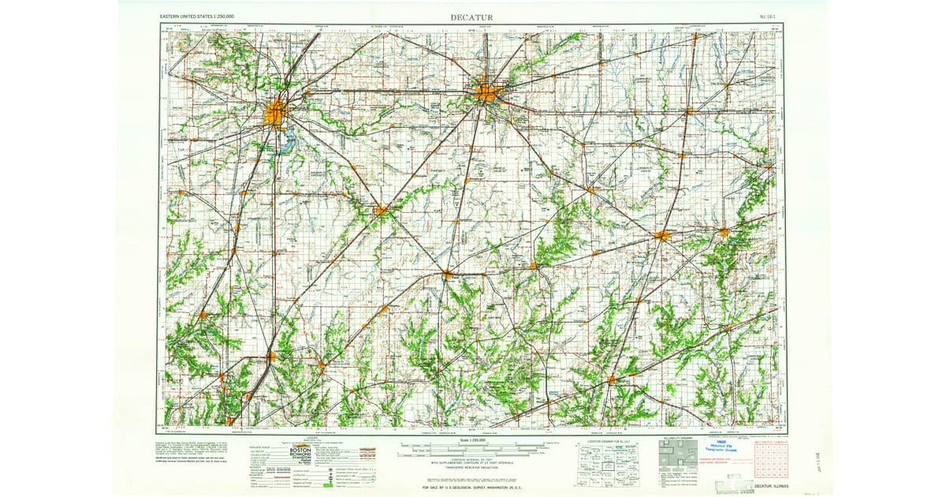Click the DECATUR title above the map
click(471, 17)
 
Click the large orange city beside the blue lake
click(275, 114)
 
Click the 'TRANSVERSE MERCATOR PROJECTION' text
click(473, 467)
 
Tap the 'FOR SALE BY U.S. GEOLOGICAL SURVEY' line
click(473, 488)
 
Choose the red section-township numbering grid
click(770, 461)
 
